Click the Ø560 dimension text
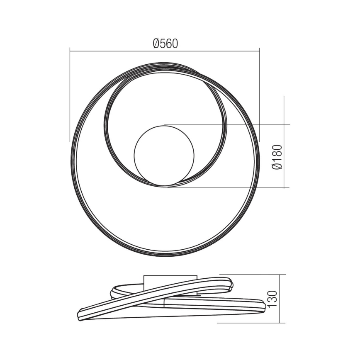pyautogui.click(x=165, y=43)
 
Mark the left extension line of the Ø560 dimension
pyautogui.click(x=70, y=95)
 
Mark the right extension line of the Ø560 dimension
pyautogui.click(x=260, y=95)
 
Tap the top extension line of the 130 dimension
pyautogui.click(x=253, y=275)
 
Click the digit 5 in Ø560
pyautogui.click(x=162, y=43)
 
